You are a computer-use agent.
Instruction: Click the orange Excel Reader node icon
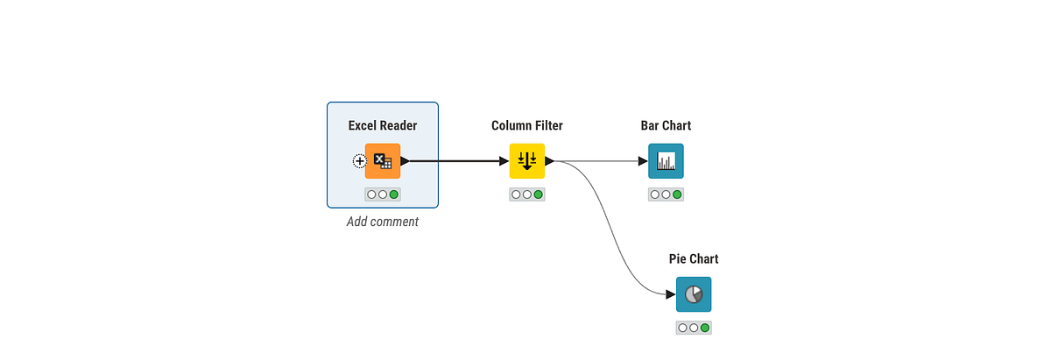[383, 161]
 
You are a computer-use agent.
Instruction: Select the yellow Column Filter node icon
[527, 161]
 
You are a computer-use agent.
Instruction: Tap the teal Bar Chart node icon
[666, 161]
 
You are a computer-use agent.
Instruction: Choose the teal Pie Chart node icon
[694, 294]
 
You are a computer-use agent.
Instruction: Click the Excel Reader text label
[383, 125]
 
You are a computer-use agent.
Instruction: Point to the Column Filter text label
[527, 125]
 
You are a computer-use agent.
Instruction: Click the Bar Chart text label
[666, 125]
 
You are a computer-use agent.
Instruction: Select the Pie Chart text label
[694, 258]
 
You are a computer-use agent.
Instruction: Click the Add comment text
[383, 222]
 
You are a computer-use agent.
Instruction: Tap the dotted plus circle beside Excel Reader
[359, 161]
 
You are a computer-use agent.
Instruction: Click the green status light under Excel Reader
[394, 194]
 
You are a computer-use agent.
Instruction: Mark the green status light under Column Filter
[538, 194]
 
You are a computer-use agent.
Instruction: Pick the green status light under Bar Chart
[677, 194]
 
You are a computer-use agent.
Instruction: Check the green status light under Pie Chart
[705, 328]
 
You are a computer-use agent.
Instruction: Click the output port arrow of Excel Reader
[405, 161]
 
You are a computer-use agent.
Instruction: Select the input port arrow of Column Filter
[504, 161]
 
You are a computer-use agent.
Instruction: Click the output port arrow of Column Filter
[549, 161]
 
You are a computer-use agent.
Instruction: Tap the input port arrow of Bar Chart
[643, 161]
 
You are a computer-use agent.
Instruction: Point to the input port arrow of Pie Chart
[671, 294]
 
